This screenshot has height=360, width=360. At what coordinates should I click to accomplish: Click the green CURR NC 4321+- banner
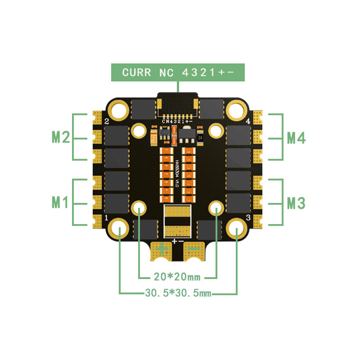(x=179, y=72)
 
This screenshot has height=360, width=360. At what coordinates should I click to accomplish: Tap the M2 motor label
(x=61, y=137)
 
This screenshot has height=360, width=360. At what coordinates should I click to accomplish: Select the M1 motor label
(x=61, y=202)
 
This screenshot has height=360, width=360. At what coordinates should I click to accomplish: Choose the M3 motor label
(x=296, y=203)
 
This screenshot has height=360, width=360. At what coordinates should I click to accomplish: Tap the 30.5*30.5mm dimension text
(x=178, y=293)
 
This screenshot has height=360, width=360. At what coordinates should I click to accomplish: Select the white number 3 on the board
(x=248, y=218)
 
